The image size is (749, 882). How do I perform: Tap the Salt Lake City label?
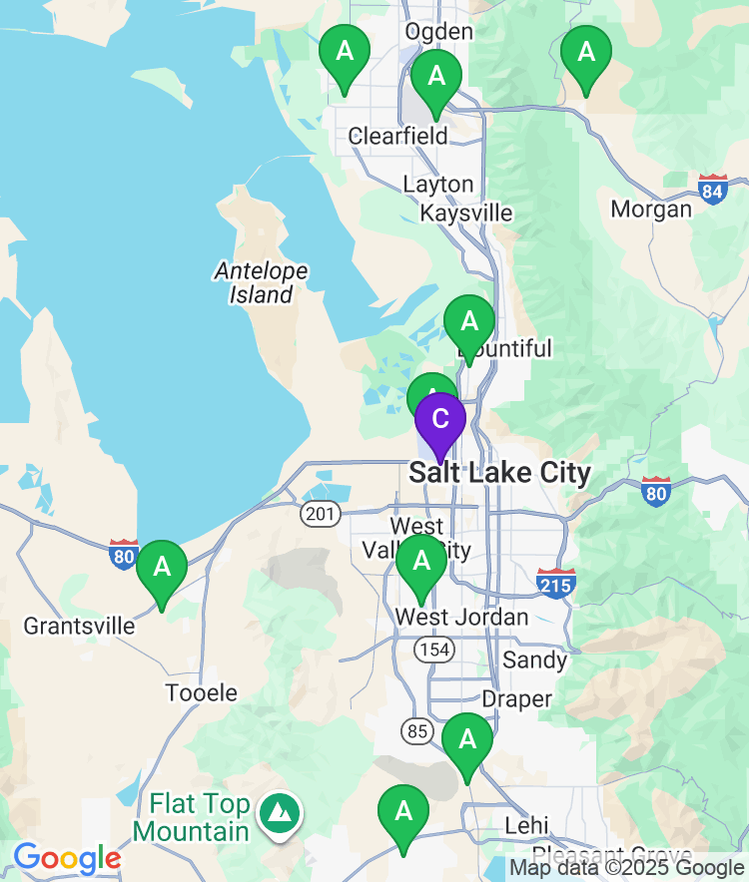pos(499,472)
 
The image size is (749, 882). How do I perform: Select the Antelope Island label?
pos(262,282)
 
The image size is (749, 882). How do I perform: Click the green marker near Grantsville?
pos(162,569)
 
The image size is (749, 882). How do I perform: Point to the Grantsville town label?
pos(79,626)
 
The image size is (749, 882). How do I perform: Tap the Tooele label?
pos(202,692)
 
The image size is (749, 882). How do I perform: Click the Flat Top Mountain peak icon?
pos(281,814)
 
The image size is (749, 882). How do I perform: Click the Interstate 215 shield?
pos(555,583)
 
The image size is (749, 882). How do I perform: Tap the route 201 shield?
pos(320,514)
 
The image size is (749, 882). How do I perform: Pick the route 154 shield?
pos(436,650)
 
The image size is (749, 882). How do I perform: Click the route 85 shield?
pos(417,731)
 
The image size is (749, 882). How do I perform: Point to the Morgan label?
pos(651,210)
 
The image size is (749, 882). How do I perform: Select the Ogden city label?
pos(439,31)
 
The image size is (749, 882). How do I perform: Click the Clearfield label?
pos(397,136)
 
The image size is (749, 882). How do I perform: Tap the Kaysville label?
pos(465,214)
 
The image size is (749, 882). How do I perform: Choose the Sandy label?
pos(534,660)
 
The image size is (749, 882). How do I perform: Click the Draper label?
pos(516,698)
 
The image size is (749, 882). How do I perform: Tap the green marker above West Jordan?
pos(421,563)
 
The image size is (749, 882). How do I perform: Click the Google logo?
pos(67,857)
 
